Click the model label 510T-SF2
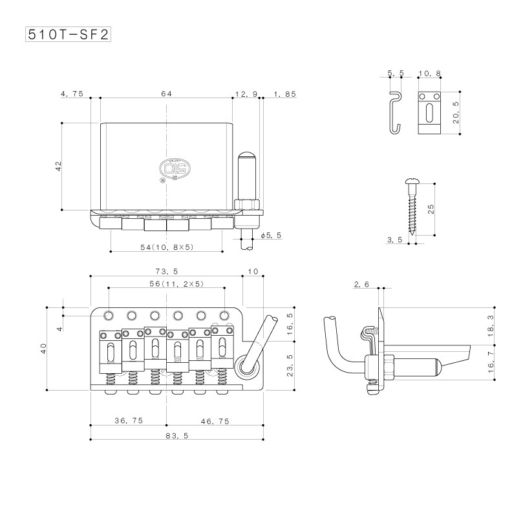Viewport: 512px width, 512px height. click(x=68, y=34)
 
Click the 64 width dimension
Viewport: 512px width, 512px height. click(x=166, y=94)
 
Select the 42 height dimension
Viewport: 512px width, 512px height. click(x=59, y=166)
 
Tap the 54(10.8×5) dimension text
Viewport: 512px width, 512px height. click(x=167, y=247)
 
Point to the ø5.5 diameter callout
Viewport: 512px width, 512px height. click(x=271, y=235)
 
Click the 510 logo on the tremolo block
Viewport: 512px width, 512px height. click(x=175, y=169)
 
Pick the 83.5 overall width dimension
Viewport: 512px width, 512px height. click(x=177, y=436)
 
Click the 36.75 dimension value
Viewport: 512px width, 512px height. click(x=129, y=420)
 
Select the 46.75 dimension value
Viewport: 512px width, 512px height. click(x=215, y=421)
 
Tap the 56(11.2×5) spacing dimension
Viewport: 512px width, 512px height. click(x=176, y=283)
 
